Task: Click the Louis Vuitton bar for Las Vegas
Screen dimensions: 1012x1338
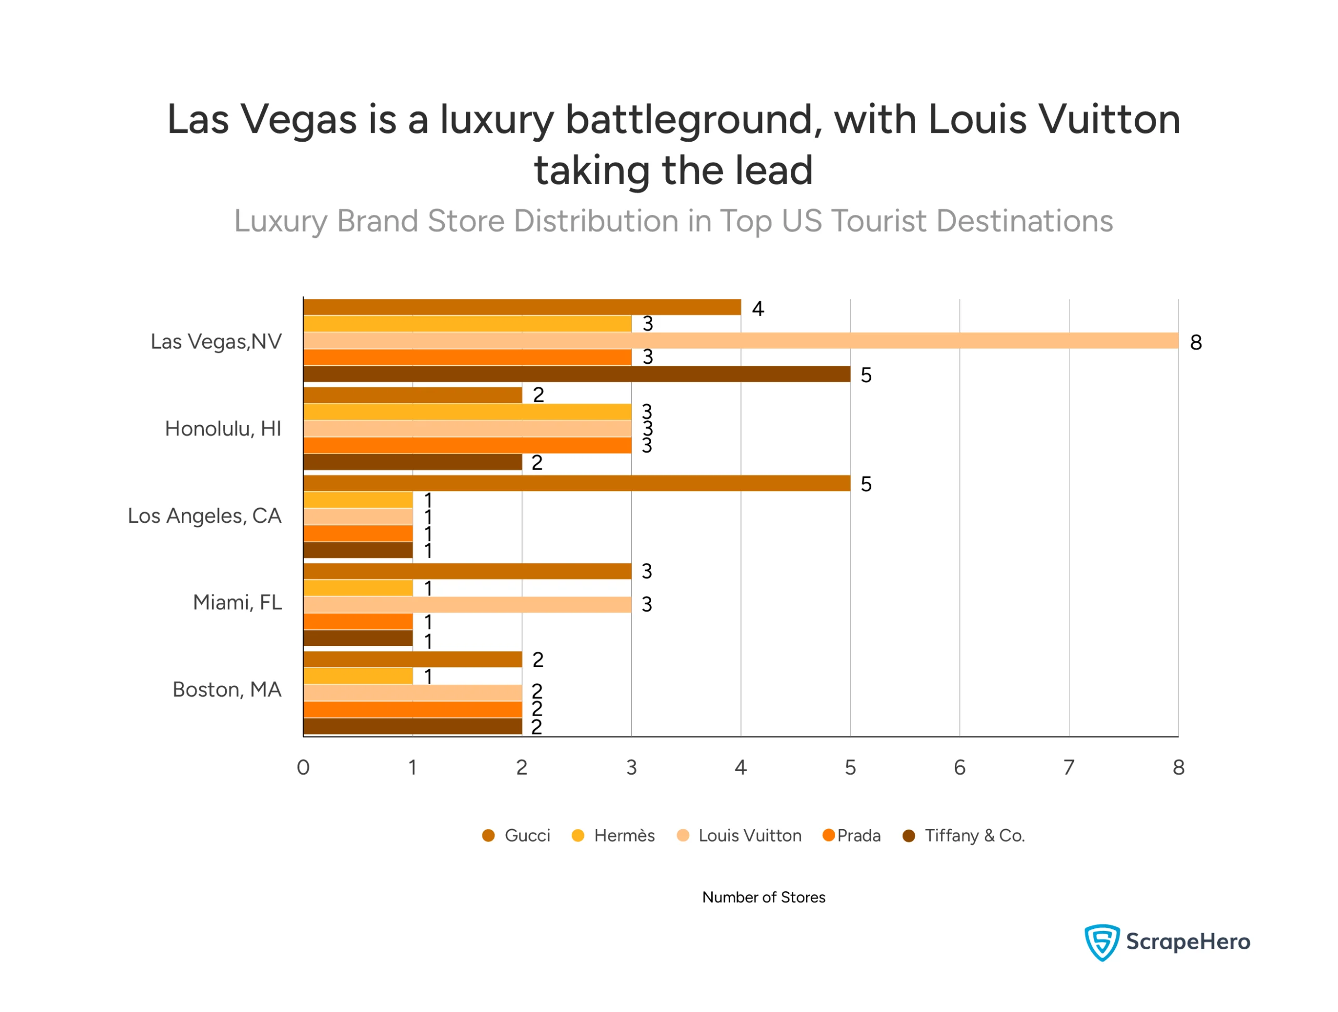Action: pos(741,341)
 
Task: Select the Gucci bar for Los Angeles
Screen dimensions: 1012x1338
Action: pos(576,484)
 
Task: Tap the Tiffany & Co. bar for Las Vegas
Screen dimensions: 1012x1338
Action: pos(576,374)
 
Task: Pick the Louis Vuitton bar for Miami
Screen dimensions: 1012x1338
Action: pos(467,604)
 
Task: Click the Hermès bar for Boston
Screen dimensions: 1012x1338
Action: pos(358,676)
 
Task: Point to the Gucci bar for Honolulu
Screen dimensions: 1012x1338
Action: pos(412,395)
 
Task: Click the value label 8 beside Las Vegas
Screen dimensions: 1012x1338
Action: pos(1196,342)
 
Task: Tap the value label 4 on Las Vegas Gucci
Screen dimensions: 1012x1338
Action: pos(757,309)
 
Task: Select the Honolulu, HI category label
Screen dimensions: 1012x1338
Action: pos(223,429)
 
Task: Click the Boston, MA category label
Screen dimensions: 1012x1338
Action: pos(227,689)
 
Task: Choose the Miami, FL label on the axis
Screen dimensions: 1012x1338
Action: pos(237,603)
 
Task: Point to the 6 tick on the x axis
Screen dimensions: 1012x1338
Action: pos(960,767)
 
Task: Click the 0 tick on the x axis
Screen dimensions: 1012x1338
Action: pos(303,767)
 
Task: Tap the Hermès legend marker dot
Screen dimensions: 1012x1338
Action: pos(578,835)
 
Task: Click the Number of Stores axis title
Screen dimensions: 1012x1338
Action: pos(764,897)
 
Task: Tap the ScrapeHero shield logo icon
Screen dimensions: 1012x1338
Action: pos(1101,942)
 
